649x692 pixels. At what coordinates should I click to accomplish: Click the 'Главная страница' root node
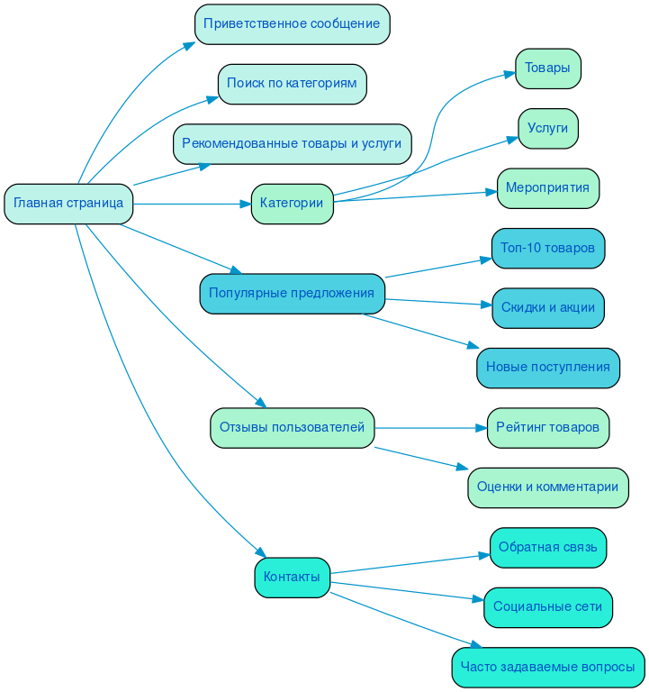pyautogui.click(x=68, y=204)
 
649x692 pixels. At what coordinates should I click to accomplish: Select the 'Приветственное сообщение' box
pyautogui.click(x=292, y=24)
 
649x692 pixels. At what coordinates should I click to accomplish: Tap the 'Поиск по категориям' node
pyautogui.click(x=292, y=84)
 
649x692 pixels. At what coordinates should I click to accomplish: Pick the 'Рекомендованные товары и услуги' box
pyautogui.click(x=292, y=143)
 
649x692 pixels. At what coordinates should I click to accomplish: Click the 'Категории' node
pyautogui.click(x=292, y=204)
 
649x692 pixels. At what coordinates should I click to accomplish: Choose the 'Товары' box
pyautogui.click(x=547, y=68)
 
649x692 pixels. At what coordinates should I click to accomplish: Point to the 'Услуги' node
pyautogui.click(x=547, y=128)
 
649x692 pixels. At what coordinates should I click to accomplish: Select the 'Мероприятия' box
pyautogui.click(x=547, y=188)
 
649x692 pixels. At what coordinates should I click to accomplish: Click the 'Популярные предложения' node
pyautogui.click(x=292, y=293)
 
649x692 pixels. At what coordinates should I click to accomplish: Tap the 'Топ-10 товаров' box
pyautogui.click(x=547, y=248)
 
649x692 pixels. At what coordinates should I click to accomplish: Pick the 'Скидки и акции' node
pyautogui.click(x=547, y=308)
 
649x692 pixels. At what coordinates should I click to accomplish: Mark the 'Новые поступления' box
pyautogui.click(x=547, y=368)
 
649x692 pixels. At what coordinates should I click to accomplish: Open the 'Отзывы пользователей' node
pyautogui.click(x=292, y=428)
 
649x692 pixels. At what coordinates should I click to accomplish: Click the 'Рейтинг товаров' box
pyautogui.click(x=547, y=427)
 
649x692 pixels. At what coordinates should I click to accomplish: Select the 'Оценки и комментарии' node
pyautogui.click(x=547, y=487)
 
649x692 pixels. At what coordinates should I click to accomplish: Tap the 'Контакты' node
pyautogui.click(x=292, y=578)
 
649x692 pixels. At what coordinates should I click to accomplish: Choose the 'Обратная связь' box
pyautogui.click(x=547, y=547)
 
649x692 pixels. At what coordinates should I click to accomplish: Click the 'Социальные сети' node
pyautogui.click(x=547, y=607)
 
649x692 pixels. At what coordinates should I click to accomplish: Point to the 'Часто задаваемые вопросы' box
pyautogui.click(x=547, y=668)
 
